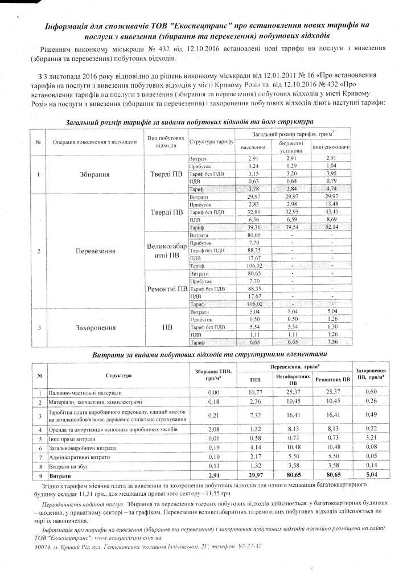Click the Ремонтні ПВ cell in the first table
[x=165, y=288]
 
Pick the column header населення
[x=245, y=145]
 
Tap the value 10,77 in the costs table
[x=253, y=393]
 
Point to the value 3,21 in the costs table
[x=370, y=437]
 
